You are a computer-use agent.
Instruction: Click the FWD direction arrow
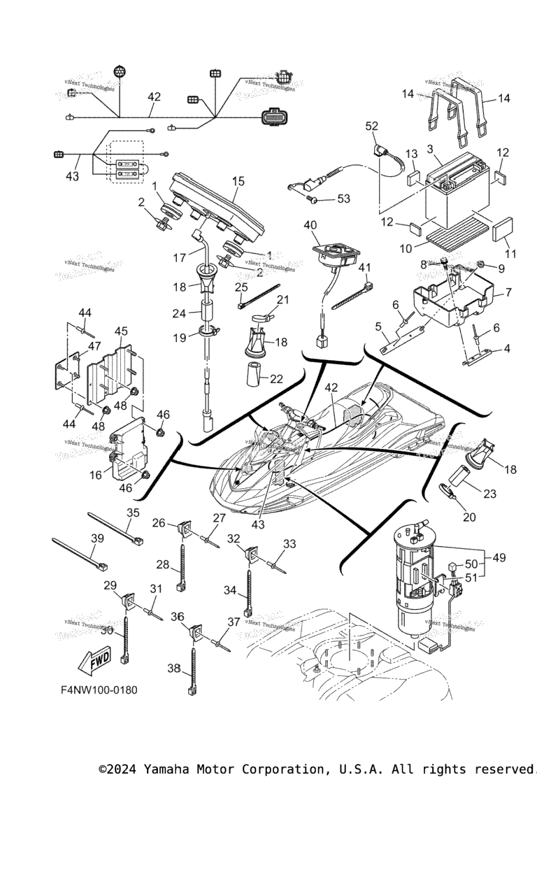(x=94, y=659)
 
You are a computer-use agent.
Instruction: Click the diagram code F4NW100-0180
(x=99, y=690)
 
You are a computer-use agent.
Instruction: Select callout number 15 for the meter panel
(x=238, y=181)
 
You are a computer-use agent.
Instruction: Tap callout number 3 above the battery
(x=429, y=149)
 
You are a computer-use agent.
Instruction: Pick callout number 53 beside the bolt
(x=343, y=199)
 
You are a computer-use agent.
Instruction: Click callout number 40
(x=310, y=224)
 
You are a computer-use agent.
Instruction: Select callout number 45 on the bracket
(x=120, y=331)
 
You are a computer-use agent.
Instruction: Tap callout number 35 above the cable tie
(x=133, y=513)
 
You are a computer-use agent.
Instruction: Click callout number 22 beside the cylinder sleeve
(x=276, y=379)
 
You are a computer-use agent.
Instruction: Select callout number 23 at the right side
(x=489, y=493)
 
